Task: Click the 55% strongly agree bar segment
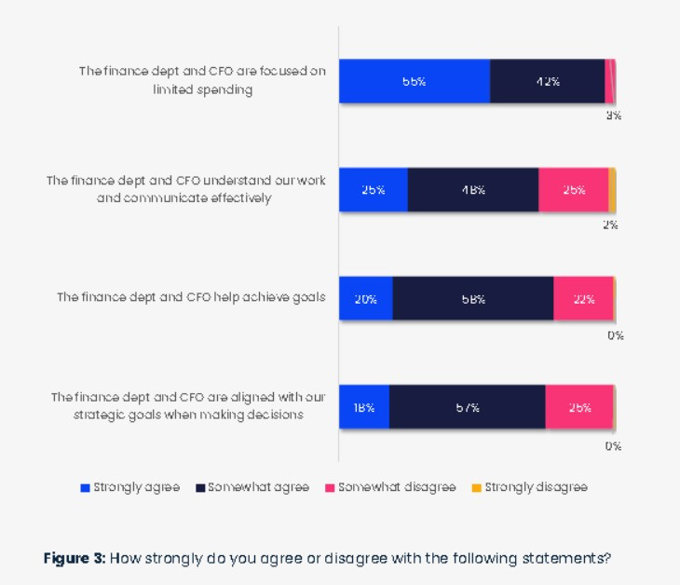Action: click(414, 81)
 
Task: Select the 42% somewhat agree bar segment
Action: click(547, 81)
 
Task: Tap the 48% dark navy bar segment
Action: click(472, 190)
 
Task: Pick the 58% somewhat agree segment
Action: click(472, 299)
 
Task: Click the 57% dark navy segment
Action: click(467, 407)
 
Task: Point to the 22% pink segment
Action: click(583, 299)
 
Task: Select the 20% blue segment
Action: click(365, 299)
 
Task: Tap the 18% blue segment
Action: click(363, 407)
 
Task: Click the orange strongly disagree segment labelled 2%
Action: click(612, 190)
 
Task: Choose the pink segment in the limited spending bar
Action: click(609, 81)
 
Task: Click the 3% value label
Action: click(614, 116)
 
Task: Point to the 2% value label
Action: click(610, 225)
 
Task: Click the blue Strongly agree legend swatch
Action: click(86, 487)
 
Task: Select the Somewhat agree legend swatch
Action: click(200, 487)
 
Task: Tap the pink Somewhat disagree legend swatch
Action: click(330, 487)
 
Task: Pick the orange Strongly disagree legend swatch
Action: click(477, 487)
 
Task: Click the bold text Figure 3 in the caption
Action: click(74, 559)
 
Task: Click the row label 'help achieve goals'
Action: click(191, 298)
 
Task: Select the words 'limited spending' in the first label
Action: click(202, 90)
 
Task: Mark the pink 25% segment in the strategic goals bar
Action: click(579, 407)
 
